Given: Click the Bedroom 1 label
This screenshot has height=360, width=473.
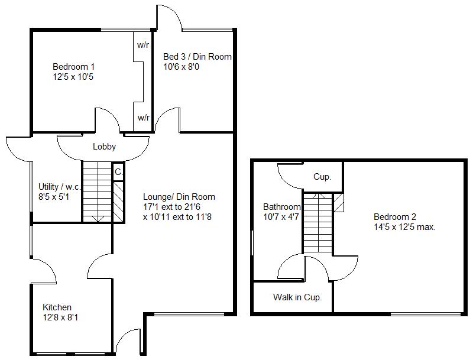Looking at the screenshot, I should click(73, 67).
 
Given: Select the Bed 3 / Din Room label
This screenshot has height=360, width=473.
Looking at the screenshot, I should click(197, 57).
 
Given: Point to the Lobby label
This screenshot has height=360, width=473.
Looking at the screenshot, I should click(104, 147).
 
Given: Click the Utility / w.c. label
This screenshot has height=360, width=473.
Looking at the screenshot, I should click(59, 186).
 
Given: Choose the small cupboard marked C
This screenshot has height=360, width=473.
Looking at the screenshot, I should click(118, 171).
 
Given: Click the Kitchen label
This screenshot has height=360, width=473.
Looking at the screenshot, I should click(57, 307).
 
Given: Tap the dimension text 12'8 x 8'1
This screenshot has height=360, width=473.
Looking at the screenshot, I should click(60, 317).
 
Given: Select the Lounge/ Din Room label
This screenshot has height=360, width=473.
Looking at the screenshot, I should click(179, 197).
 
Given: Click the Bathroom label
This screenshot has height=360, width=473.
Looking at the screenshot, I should click(282, 207).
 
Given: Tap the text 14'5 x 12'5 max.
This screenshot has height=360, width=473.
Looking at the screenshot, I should click(404, 226).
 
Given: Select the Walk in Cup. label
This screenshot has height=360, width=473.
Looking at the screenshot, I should click(297, 297).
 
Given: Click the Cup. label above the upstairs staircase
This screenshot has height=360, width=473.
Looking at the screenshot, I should click(322, 177).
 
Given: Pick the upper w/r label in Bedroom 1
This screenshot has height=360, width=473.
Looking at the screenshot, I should click(143, 45).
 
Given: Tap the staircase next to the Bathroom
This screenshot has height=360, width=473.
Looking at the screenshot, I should click(318, 222).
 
